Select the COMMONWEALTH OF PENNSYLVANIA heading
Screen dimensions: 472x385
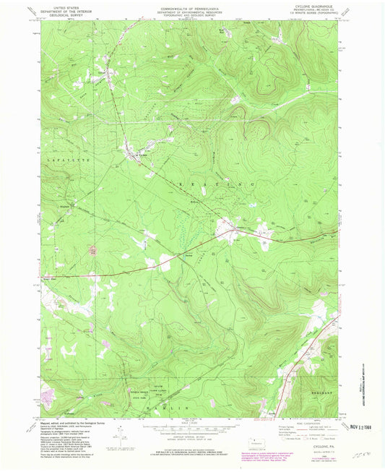(x=192, y=7)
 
